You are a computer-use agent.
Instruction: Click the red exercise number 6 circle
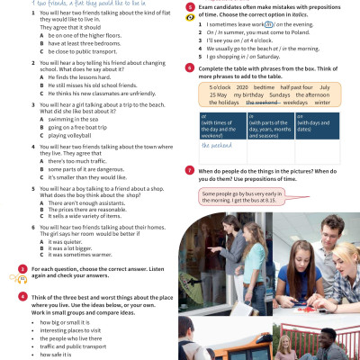click(189, 67)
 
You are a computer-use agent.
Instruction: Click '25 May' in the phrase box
click(218, 94)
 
